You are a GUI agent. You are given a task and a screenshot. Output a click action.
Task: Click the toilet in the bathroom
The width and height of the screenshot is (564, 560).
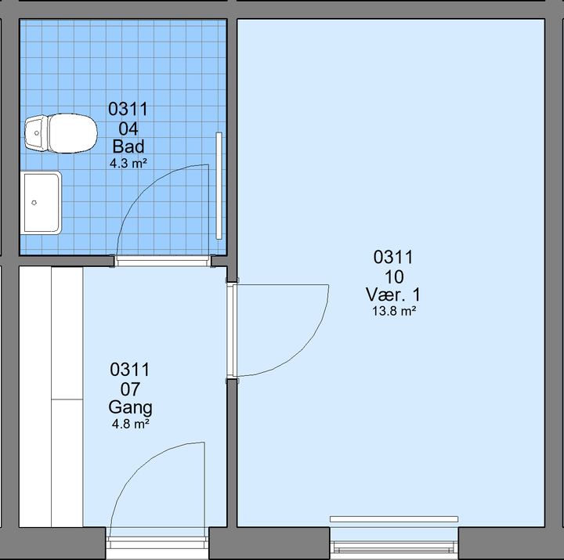(61, 133)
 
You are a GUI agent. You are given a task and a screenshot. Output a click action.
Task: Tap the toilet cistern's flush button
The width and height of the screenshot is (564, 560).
(37, 133)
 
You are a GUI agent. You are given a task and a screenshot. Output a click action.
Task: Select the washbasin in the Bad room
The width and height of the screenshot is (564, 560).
(41, 203)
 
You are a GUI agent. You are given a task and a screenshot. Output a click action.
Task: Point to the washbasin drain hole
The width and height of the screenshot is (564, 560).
(34, 203)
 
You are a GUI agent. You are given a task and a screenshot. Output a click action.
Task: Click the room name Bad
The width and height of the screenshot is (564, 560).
(128, 146)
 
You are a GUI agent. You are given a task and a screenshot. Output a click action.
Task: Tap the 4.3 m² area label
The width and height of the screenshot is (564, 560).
(128, 164)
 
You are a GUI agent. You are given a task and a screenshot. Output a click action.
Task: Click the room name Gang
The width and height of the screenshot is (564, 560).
(130, 408)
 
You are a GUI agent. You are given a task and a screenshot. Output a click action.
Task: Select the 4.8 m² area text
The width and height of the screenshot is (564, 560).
(130, 424)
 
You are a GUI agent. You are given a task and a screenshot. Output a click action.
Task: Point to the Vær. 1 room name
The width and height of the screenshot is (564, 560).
(393, 294)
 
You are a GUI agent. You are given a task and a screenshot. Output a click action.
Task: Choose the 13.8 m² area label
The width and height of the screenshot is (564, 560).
(394, 311)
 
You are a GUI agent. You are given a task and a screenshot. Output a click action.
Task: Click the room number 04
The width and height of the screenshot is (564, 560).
(128, 128)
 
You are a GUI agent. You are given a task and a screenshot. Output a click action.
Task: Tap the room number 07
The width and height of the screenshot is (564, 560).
(130, 389)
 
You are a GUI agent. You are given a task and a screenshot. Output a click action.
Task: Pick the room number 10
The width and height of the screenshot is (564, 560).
(394, 277)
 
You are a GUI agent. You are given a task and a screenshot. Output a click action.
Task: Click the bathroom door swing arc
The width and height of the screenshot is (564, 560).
(144, 188)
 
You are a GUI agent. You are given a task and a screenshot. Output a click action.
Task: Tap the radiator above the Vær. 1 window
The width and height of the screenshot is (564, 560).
(394, 519)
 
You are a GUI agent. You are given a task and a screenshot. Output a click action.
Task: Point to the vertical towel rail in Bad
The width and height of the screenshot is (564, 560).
(219, 186)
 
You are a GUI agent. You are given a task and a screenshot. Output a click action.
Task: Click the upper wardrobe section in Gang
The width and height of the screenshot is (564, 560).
(67, 333)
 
